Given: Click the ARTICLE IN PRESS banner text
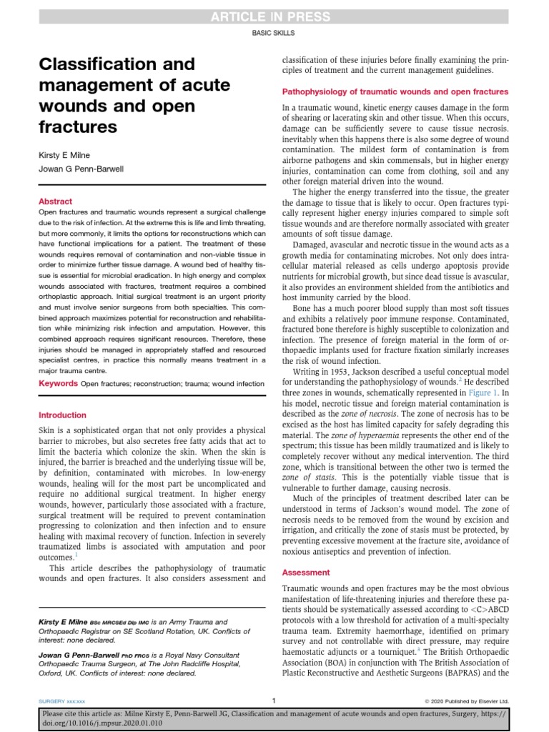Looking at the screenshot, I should click(x=274, y=16).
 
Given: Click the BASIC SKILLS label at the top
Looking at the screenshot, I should click(x=274, y=33).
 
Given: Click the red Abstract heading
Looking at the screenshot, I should click(x=55, y=202).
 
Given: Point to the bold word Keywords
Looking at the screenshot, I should click(x=58, y=384).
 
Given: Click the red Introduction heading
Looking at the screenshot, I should click(x=62, y=415).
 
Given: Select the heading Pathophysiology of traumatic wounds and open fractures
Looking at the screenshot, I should click(x=395, y=92).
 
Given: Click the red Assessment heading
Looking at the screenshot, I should click(x=306, y=573).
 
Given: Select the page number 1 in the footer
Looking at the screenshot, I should click(x=274, y=701).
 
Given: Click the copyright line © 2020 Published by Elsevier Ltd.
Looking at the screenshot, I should click(x=466, y=701).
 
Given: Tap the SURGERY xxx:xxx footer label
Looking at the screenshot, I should click(x=65, y=701).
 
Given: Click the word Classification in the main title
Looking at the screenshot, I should click(x=104, y=64).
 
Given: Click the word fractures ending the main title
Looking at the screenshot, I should click(x=77, y=127).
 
